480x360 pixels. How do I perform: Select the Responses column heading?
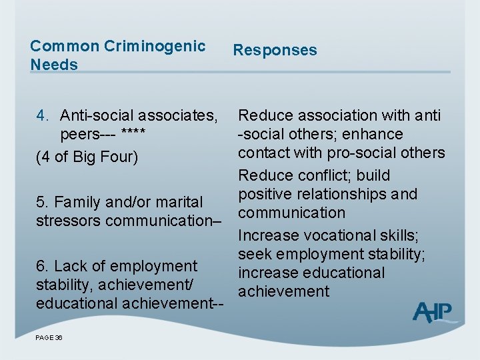[275, 50]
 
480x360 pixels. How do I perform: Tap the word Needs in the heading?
[54, 65]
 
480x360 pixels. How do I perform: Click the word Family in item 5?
[76, 201]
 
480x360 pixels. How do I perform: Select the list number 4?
[41, 115]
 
